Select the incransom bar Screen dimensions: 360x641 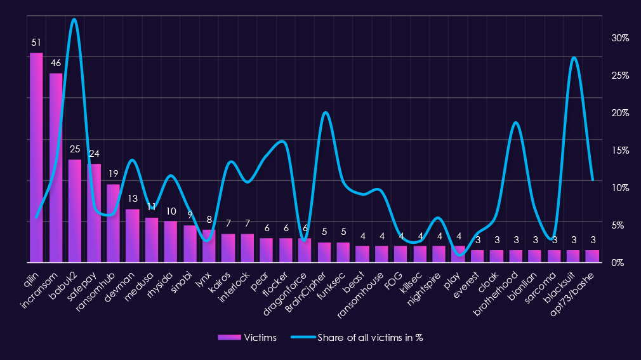coord(56,168)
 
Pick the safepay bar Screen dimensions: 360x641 coord(94,213)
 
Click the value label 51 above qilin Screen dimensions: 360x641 coord(36,43)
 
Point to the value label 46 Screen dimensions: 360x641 coord(56,63)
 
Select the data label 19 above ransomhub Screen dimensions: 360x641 coord(113,174)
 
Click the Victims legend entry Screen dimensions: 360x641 coord(248,338)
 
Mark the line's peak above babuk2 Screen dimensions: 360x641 coord(74,20)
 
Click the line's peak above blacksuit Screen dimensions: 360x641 coord(573,58)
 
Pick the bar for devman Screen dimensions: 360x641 coord(132,236)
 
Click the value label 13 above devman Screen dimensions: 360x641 coord(132,199)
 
